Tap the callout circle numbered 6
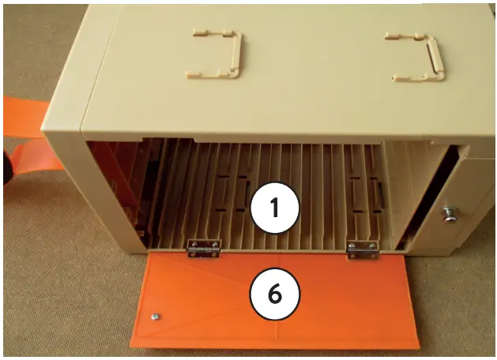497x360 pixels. tap(273, 294)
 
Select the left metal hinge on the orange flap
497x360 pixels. tap(203, 249)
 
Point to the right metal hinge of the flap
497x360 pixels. tap(363, 249)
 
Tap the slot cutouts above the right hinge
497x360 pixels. tap(365, 197)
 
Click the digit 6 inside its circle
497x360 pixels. tap(273, 294)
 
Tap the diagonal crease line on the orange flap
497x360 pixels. tap(205, 284)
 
